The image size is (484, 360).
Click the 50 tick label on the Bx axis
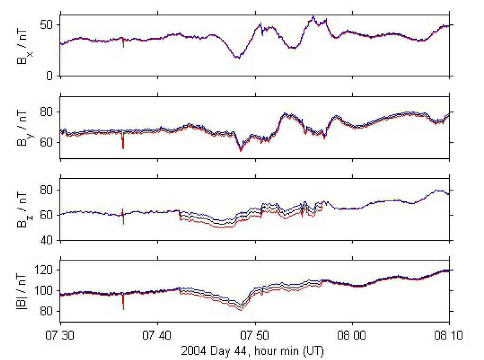click(x=46, y=25)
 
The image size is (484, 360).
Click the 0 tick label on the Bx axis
click(x=49, y=76)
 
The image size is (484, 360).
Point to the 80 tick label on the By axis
click(x=46, y=112)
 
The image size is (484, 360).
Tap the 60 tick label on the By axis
click(x=46, y=143)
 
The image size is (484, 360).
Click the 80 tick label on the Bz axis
click(x=46, y=190)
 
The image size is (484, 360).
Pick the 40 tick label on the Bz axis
click(x=46, y=240)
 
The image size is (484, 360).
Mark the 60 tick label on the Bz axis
click(x=46, y=215)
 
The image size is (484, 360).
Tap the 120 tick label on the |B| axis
click(x=43, y=270)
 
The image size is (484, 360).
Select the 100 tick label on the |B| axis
click(x=43, y=290)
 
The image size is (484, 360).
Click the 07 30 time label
click(x=60, y=335)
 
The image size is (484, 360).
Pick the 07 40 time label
click(x=157, y=335)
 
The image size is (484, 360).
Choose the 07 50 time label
click(x=255, y=335)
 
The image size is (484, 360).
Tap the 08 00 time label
click(x=352, y=335)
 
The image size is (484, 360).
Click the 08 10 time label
click(x=448, y=335)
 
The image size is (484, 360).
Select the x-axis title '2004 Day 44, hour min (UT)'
click(x=252, y=351)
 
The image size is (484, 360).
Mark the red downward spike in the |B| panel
click(x=123, y=304)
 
